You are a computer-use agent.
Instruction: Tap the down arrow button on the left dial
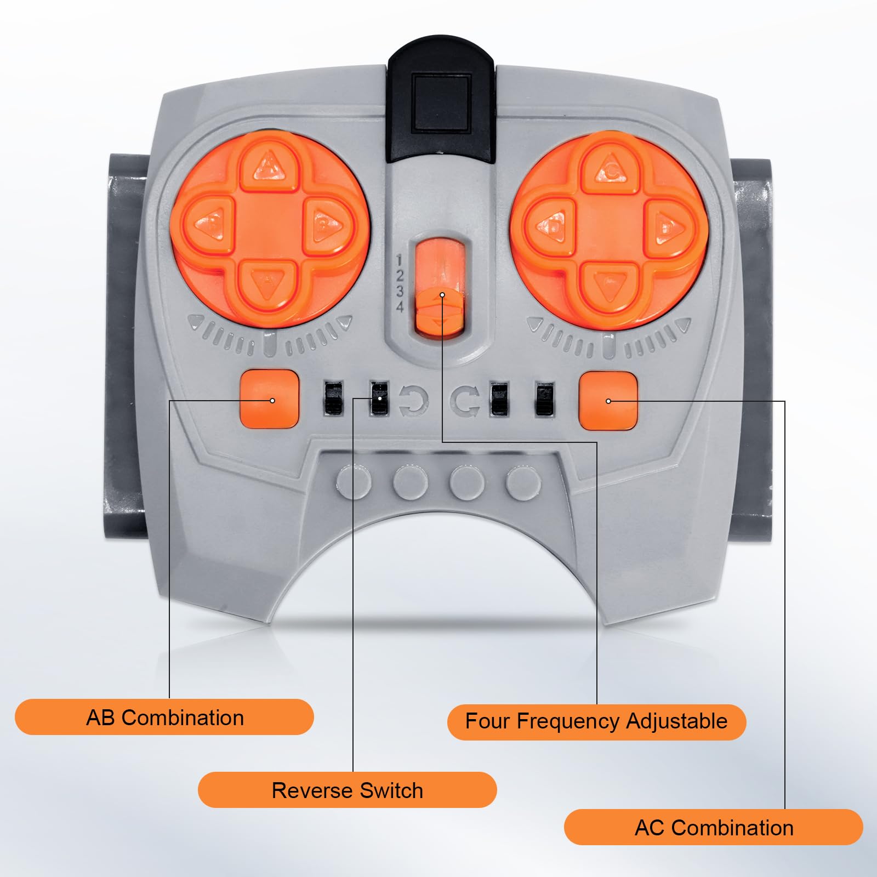coord(267,284)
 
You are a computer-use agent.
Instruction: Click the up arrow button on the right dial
coord(611,167)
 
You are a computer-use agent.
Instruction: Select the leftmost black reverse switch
coord(332,398)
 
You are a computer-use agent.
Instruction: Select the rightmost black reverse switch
coord(544,398)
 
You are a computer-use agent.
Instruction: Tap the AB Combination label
coord(164,717)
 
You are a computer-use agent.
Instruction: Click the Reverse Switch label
coord(348,790)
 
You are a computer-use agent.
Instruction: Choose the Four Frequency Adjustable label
coord(596,722)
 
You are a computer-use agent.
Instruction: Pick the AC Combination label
coord(714,827)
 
